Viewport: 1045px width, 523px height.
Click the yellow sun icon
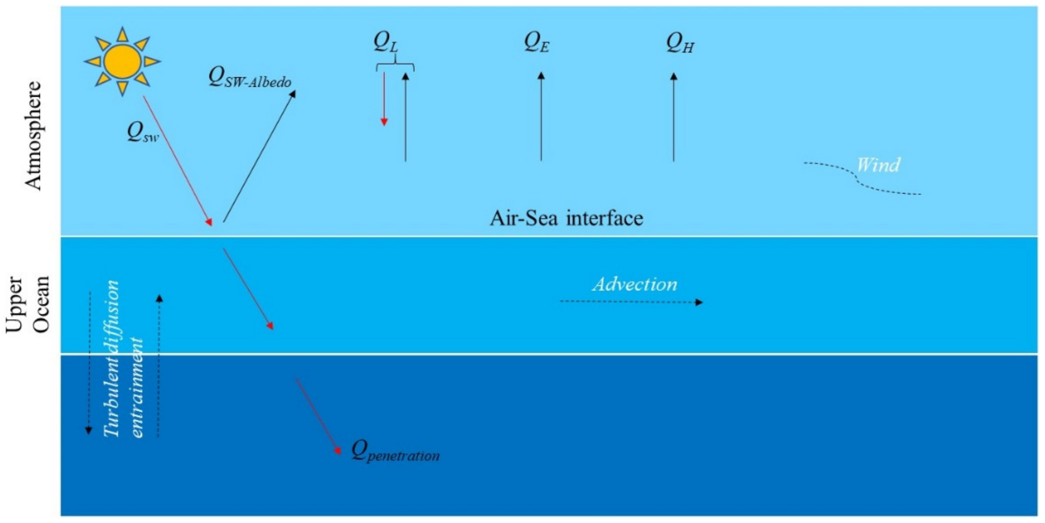pos(123,62)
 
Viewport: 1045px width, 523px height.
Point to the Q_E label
pos(537,43)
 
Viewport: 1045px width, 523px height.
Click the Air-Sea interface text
pos(566,218)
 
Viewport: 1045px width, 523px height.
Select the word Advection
pos(635,284)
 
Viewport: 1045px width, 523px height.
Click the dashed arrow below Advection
pos(631,302)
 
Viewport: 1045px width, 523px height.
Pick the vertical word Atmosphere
pos(34,136)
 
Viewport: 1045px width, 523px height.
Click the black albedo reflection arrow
pos(260,156)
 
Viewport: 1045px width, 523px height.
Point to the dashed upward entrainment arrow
pos(159,365)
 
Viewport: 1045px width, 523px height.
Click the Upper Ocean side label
pos(28,304)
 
